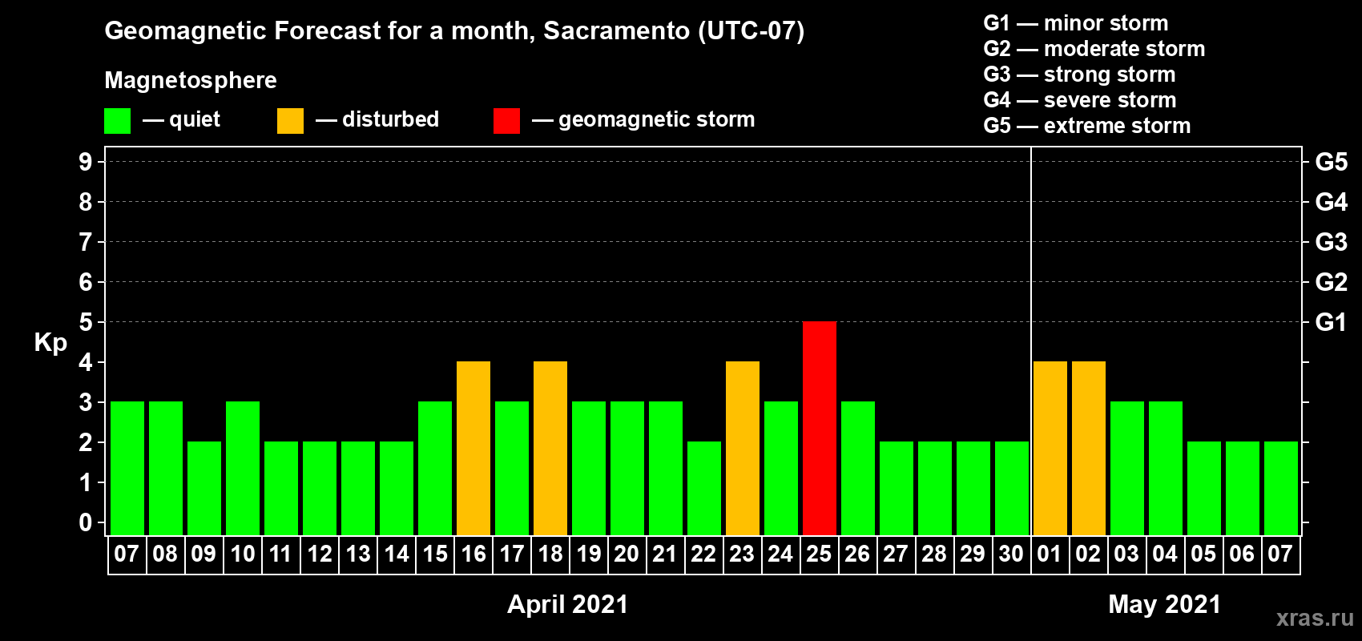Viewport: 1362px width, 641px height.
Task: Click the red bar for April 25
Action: click(x=819, y=428)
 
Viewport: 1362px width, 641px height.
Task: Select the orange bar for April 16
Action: click(x=473, y=448)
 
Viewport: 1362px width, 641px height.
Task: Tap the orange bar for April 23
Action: click(x=743, y=448)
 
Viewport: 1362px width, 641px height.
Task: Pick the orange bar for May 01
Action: click(x=1050, y=448)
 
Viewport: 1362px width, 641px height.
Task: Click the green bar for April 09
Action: click(x=204, y=488)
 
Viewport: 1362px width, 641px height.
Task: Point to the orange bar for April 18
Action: click(x=550, y=448)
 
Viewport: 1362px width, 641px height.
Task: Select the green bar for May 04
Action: click(x=1166, y=468)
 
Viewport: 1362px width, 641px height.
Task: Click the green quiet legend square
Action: click(x=117, y=120)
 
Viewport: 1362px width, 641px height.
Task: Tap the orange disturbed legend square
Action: click(x=290, y=120)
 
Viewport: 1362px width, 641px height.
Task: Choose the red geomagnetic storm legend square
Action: click(x=506, y=120)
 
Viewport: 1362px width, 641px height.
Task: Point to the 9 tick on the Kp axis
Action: click(x=85, y=162)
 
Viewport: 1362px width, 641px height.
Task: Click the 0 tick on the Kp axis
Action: click(x=85, y=522)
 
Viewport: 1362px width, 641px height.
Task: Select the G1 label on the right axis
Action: click(x=1331, y=322)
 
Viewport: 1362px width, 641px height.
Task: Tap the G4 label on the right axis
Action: click(x=1331, y=202)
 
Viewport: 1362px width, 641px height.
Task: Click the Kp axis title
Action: click(x=50, y=343)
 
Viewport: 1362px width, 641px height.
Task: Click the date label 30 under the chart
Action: click(x=1011, y=554)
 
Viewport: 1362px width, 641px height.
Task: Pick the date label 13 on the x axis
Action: click(x=358, y=554)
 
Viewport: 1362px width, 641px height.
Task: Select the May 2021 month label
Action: click(x=1164, y=604)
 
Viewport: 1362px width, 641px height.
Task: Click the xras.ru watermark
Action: click(x=1316, y=618)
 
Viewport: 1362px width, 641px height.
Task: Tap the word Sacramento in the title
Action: click(x=617, y=30)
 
